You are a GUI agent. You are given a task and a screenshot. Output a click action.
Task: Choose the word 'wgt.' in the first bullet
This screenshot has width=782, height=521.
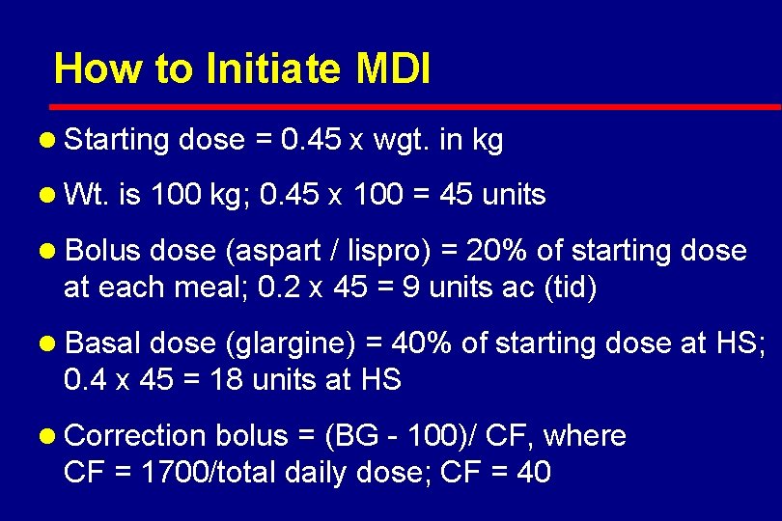click(x=401, y=141)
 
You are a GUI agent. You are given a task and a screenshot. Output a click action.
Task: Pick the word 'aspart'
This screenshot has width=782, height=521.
click(x=276, y=251)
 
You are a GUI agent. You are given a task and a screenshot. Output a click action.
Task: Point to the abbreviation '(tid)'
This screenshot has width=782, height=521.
click(x=570, y=288)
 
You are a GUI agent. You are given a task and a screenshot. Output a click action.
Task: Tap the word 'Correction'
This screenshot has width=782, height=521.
click(x=134, y=436)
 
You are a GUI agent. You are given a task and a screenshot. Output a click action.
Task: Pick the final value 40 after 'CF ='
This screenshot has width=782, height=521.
click(x=534, y=473)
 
